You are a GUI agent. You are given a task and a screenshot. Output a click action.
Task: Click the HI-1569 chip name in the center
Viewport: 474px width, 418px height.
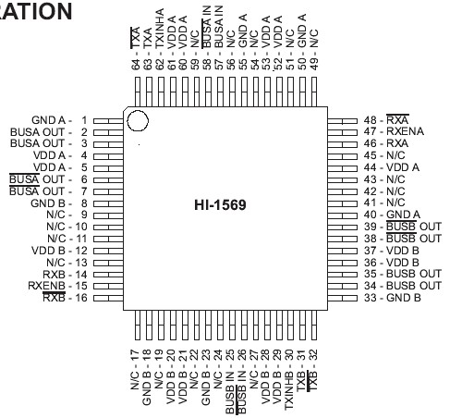point(220,204)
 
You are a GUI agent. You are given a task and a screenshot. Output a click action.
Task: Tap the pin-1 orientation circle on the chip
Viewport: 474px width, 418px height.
point(138,120)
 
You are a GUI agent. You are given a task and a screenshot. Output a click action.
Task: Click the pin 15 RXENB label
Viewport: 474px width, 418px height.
point(56,286)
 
